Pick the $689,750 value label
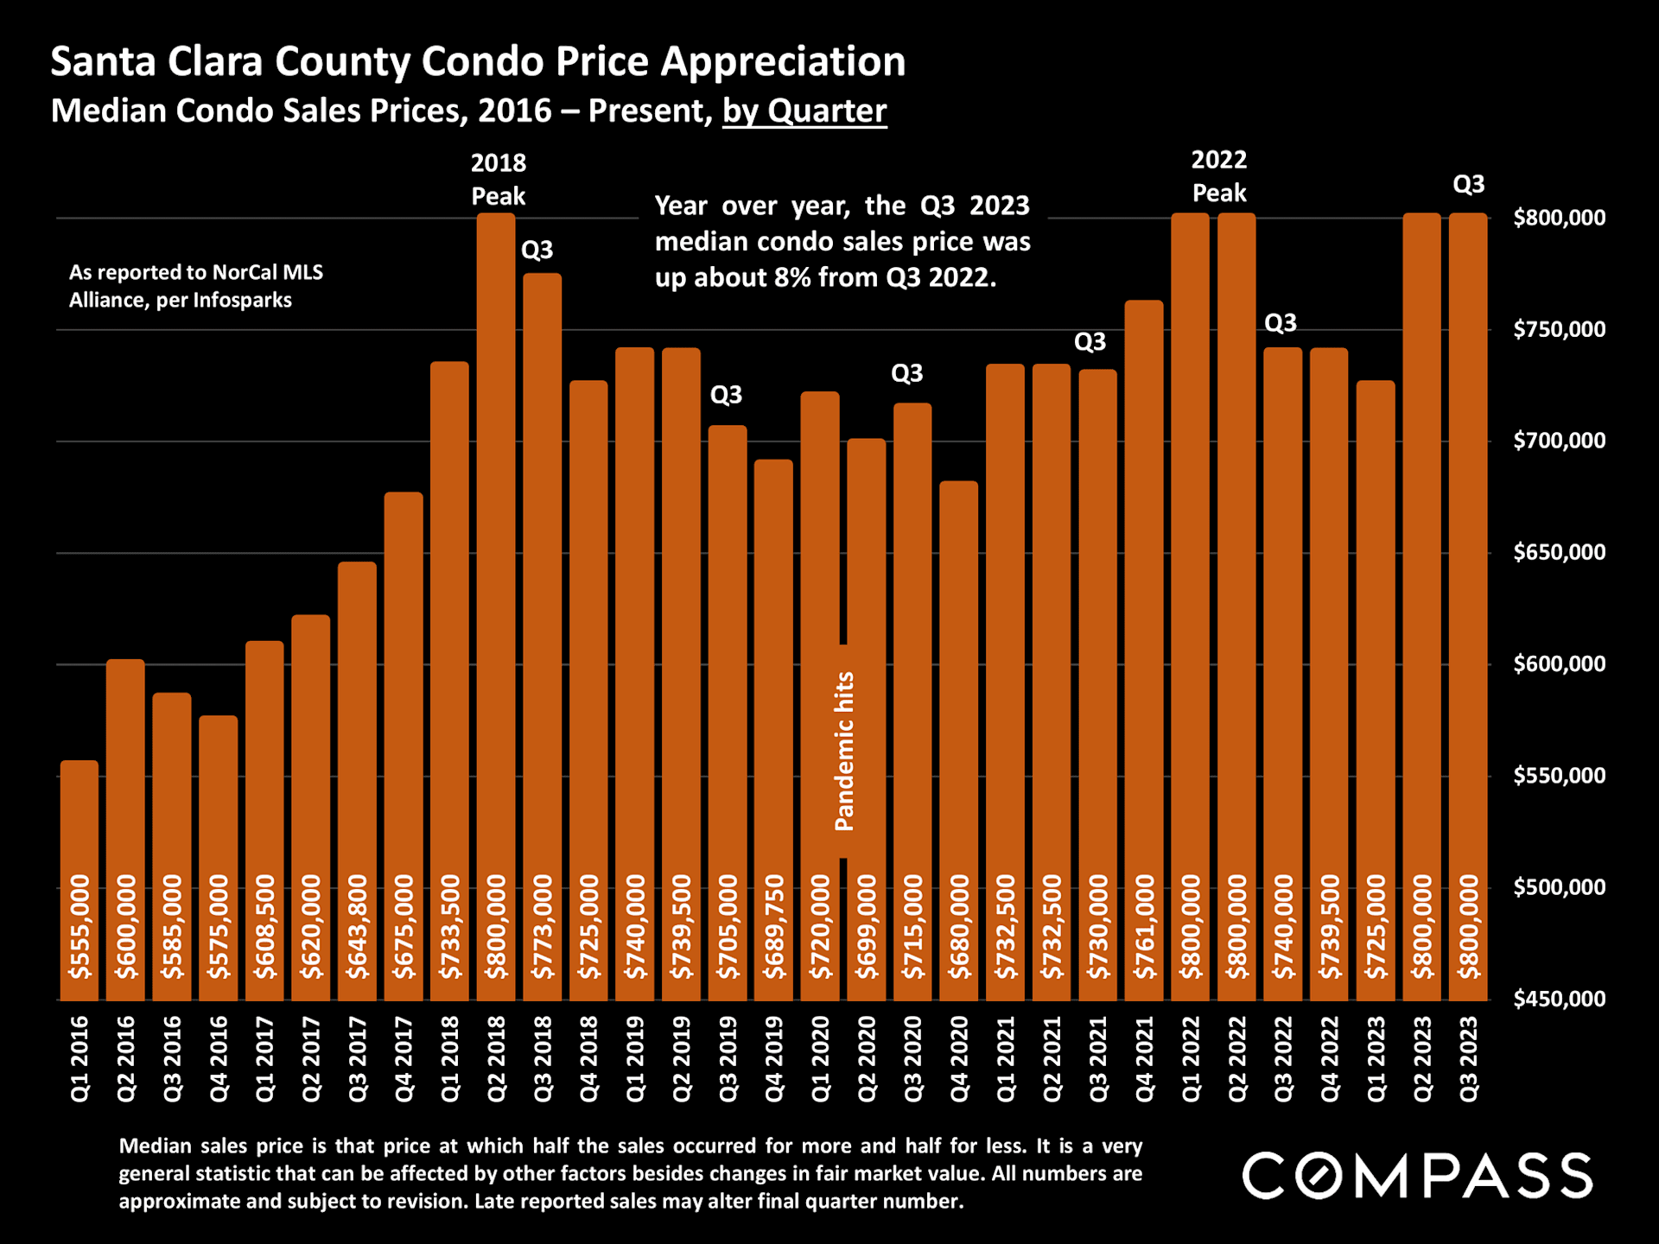(x=774, y=927)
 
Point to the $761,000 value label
(x=1144, y=927)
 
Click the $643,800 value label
(x=357, y=927)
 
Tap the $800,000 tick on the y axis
(x=1559, y=218)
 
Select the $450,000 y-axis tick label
(x=1559, y=1000)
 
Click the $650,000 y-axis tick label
(x=1559, y=552)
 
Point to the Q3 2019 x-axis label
(x=728, y=1059)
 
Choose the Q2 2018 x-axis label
(x=496, y=1059)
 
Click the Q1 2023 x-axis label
(x=1376, y=1059)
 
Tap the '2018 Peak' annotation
(x=499, y=180)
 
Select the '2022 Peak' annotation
(x=1219, y=176)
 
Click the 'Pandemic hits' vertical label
(x=844, y=752)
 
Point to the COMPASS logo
(x=1417, y=1176)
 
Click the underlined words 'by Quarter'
(x=804, y=111)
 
